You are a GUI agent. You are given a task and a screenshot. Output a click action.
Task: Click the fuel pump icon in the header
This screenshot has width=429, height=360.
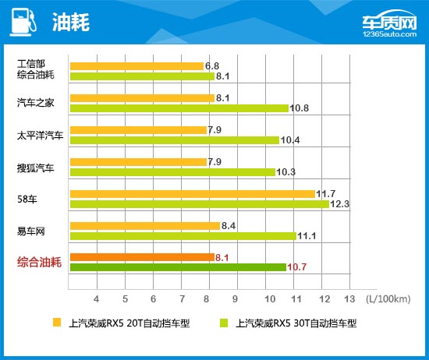23,22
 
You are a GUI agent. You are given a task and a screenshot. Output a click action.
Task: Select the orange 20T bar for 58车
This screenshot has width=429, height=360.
192,194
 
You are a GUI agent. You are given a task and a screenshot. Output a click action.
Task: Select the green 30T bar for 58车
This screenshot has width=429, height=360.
199,204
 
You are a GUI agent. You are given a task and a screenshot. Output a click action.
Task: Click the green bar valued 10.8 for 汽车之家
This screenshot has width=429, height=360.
179,108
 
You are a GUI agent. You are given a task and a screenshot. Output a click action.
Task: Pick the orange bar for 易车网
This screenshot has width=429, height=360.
145,226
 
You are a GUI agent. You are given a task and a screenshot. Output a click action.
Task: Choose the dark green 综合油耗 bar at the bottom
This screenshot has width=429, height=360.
178,267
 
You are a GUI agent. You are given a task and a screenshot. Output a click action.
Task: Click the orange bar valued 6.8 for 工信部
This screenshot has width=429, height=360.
136,66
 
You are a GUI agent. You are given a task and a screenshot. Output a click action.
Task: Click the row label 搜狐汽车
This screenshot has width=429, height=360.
36,167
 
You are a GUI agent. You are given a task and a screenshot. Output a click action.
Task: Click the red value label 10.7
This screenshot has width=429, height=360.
297,267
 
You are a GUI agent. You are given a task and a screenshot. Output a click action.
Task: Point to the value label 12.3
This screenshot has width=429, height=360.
340,204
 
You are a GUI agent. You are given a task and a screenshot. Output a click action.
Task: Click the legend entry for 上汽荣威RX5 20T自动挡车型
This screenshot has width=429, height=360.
126,322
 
